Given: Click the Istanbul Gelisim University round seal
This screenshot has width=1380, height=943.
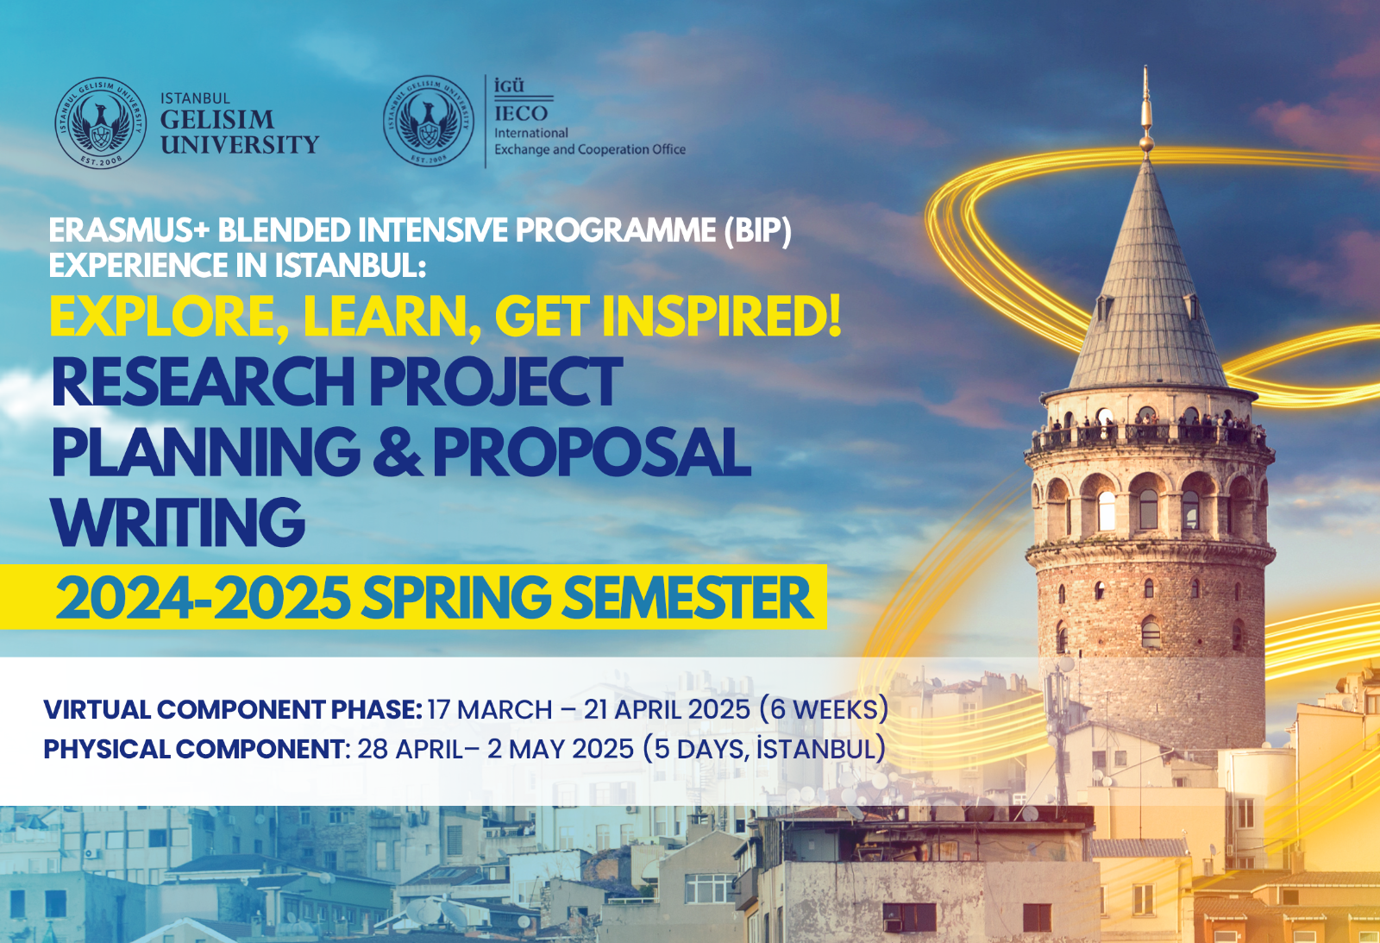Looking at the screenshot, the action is pyautogui.click(x=100, y=123).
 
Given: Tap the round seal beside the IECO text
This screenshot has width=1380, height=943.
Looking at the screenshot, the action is pyautogui.click(x=429, y=122).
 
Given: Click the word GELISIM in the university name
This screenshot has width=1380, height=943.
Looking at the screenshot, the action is pyautogui.click(x=216, y=119).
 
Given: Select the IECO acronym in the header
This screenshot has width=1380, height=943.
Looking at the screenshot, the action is pyautogui.click(x=521, y=113).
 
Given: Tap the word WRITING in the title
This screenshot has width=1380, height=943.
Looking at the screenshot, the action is pyautogui.click(x=179, y=522).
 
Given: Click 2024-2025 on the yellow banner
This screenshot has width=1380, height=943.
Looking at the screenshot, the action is pyautogui.click(x=203, y=597).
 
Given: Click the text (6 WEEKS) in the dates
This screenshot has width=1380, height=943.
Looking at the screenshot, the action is pyautogui.click(x=824, y=709).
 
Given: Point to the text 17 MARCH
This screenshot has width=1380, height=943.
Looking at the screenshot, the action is pyautogui.click(x=490, y=709).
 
